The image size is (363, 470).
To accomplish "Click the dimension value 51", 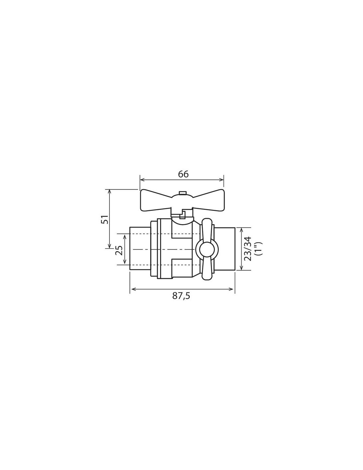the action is pos(105,219).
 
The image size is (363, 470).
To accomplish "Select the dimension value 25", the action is pos(119,251).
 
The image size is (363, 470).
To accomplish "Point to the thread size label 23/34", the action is pos(248,249).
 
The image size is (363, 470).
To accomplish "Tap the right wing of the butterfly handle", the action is pos(208,200).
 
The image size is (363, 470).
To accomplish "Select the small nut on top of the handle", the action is pos(182,193).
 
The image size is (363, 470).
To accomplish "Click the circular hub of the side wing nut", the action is pos(205,249).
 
